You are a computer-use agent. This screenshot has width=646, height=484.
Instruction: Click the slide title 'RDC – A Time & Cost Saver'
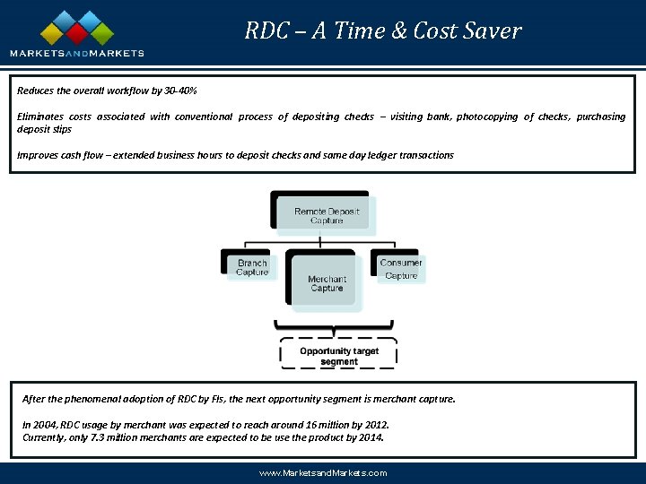coord(383,31)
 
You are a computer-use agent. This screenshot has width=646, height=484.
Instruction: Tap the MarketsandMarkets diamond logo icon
coord(76,29)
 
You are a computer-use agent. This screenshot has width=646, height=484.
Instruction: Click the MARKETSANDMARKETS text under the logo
coord(77,54)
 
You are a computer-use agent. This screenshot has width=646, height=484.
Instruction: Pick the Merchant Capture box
coord(327,283)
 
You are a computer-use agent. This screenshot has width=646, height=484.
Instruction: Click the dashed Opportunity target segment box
coord(339,356)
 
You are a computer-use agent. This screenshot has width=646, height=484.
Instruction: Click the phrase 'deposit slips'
coord(44,129)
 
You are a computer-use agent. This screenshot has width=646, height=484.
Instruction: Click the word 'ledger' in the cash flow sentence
coord(370,155)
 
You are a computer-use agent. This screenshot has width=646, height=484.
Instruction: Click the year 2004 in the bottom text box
coord(45,425)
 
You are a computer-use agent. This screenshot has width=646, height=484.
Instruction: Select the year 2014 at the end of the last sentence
coord(370,437)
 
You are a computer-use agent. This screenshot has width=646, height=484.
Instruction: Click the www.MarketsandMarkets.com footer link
coord(322,472)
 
